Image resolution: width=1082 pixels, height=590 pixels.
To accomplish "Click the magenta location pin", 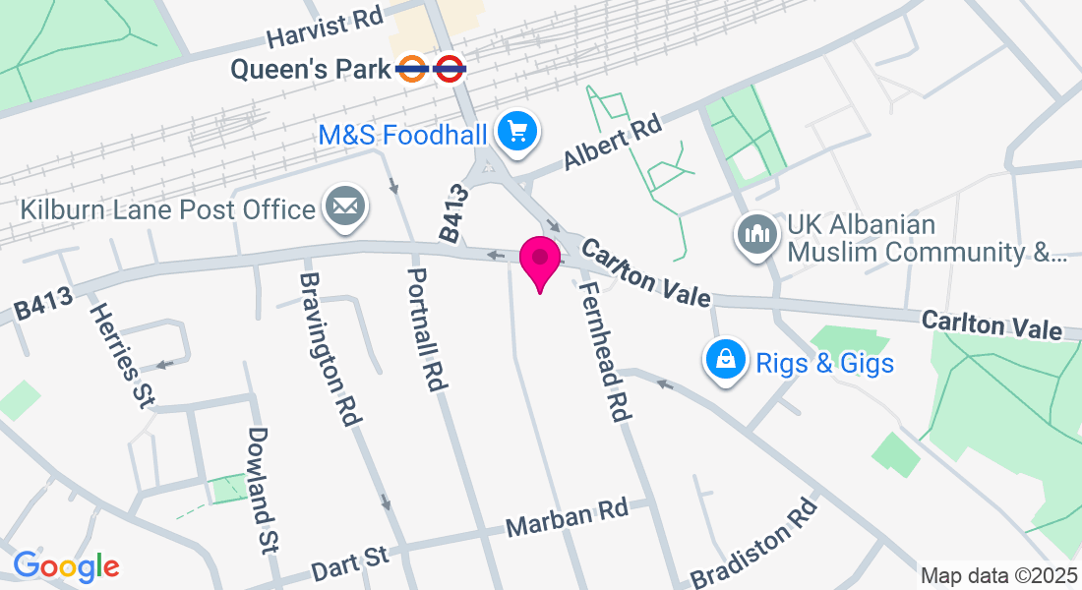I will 540,261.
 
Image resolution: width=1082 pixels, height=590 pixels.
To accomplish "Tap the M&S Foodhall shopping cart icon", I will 516,132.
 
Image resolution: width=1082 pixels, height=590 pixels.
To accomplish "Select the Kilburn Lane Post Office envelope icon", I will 344,208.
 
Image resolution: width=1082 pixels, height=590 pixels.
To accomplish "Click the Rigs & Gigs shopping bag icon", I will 725,360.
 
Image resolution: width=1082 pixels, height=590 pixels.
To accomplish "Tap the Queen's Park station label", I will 311,69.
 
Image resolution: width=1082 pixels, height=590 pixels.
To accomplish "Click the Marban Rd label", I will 567,516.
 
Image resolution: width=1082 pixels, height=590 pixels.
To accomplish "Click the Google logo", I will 66,566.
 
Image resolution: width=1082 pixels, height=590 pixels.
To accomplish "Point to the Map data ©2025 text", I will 997,575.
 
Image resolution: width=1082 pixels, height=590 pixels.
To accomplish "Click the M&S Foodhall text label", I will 403,133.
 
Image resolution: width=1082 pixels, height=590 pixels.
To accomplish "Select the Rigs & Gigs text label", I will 824,363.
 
